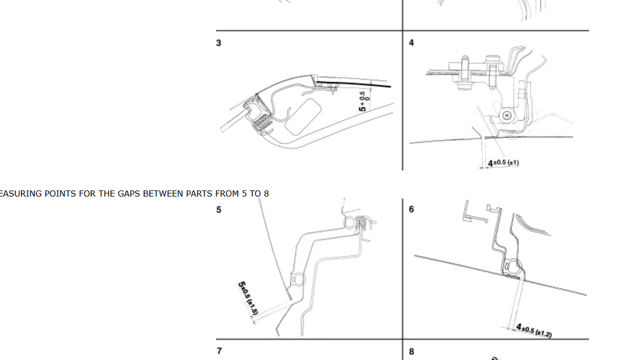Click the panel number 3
[x=218, y=43]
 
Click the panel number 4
[x=411, y=43]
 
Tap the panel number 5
[x=218, y=210]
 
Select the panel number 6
[x=411, y=210]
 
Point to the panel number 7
[x=218, y=351]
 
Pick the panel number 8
[x=411, y=351]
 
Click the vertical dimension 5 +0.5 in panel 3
[x=363, y=101]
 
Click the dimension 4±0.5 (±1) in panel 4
[x=503, y=163]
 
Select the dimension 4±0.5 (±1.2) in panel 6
[x=534, y=330]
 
